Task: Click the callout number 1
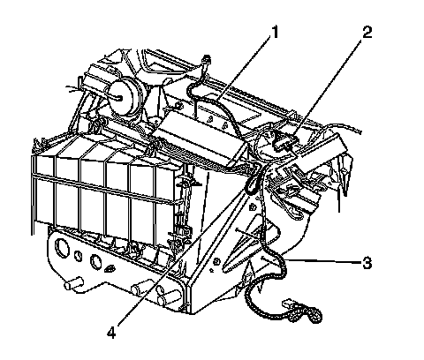(x=275, y=32)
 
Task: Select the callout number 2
(x=367, y=32)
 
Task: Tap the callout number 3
(x=367, y=263)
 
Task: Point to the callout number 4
(x=111, y=333)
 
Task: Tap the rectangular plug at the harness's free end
(x=291, y=304)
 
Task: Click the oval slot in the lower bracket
(x=110, y=267)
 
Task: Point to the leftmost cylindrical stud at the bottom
(x=73, y=283)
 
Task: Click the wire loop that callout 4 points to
(x=254, y=179)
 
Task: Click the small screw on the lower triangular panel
(x=216, y=261)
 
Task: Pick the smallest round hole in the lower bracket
(x=79, y=256)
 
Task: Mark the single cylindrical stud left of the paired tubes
(x=139, y=289)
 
